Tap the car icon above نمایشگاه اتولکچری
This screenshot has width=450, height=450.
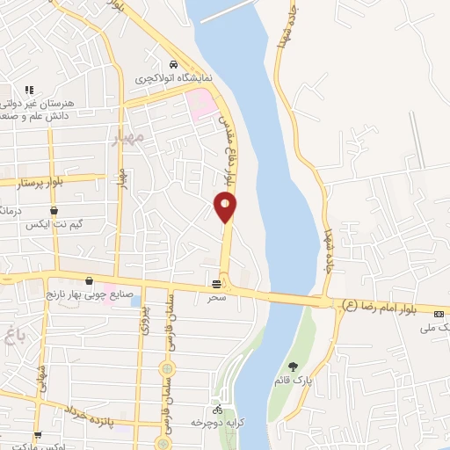tap(174, 65)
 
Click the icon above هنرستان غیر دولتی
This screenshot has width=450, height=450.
tap(29, 90)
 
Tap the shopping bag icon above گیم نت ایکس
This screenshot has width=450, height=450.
tap(54, 211)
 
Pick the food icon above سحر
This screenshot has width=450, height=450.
tap(217, 284)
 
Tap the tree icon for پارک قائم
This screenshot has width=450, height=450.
tap(293, 367)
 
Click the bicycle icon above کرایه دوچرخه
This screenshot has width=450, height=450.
tap(217, 410)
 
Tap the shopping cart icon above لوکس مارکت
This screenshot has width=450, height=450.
tap(38, 435)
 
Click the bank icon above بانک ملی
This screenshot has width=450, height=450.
tap(439, 313)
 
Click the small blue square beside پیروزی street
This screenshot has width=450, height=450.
tap(134, 301)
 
